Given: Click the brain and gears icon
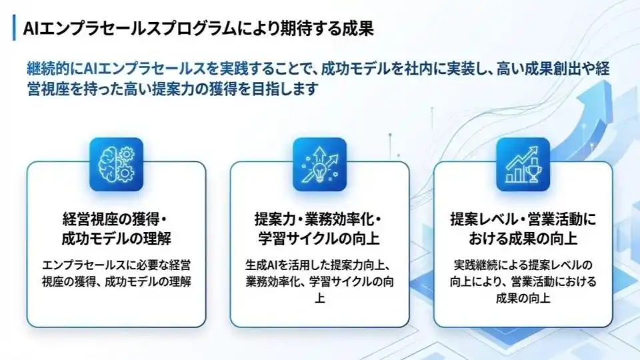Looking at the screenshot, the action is (x=116, y=164).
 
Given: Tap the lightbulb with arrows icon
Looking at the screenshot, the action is (x=319, y=164).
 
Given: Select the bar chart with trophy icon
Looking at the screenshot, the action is (x=523, y=164).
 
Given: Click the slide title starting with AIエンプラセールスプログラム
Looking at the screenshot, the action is (x=199, y=28).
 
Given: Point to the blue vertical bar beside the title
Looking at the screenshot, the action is (x=14, y=28).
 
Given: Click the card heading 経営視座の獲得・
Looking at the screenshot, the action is (x=115, y=219).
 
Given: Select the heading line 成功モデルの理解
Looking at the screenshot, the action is (x=116, y=239).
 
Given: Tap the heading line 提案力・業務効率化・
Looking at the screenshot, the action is (x=318, y=219).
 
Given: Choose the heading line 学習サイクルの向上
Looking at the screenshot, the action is (x=319, y=239).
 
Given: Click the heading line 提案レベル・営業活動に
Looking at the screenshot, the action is (x=523, y=219).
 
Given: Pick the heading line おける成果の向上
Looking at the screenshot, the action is (x=523, y=239).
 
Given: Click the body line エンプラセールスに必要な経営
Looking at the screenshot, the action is (x=116, y=265).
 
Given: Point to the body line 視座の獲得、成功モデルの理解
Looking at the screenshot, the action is (x=116, y=281).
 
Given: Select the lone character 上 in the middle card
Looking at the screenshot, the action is (x=319, y=298).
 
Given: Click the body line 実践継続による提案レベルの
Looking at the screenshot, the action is (x=523, y=265).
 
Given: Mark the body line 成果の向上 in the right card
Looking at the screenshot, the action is (x=523, y=298).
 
